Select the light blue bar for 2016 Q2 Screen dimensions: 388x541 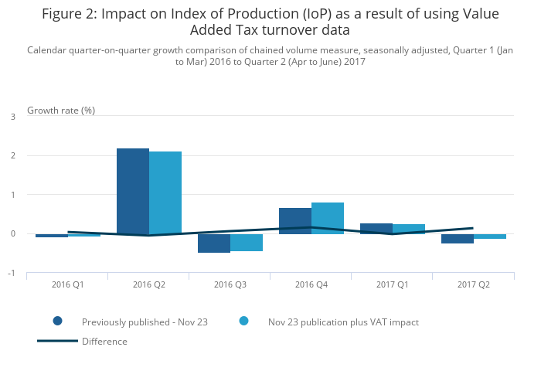pos(165,192)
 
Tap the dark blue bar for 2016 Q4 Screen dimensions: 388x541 pos(295,220)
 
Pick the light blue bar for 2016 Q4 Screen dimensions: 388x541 pos(328,218)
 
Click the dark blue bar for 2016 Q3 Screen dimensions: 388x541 pos(214,243)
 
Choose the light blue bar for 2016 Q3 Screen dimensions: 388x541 pos(247,243)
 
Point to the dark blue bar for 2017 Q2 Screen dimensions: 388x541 pos(458,239)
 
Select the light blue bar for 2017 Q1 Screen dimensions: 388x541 pos(409,229)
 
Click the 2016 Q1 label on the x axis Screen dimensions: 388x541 pos(68,284)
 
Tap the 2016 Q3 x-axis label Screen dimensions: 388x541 pos(230,284)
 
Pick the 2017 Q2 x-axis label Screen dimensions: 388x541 pos(474,284)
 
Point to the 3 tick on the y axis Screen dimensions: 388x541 pos(12,117)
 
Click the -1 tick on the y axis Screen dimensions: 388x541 pos(12,273)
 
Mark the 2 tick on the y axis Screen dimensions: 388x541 pos(12,156)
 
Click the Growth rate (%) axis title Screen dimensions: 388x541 pos(61,110)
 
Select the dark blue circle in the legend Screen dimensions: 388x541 pos(57,322)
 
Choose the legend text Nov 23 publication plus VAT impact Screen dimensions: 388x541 pos(343,322)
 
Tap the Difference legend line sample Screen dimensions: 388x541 pos(57,341)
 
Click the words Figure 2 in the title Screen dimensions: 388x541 pos(69,14)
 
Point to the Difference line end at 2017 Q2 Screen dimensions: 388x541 pos(473,228)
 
